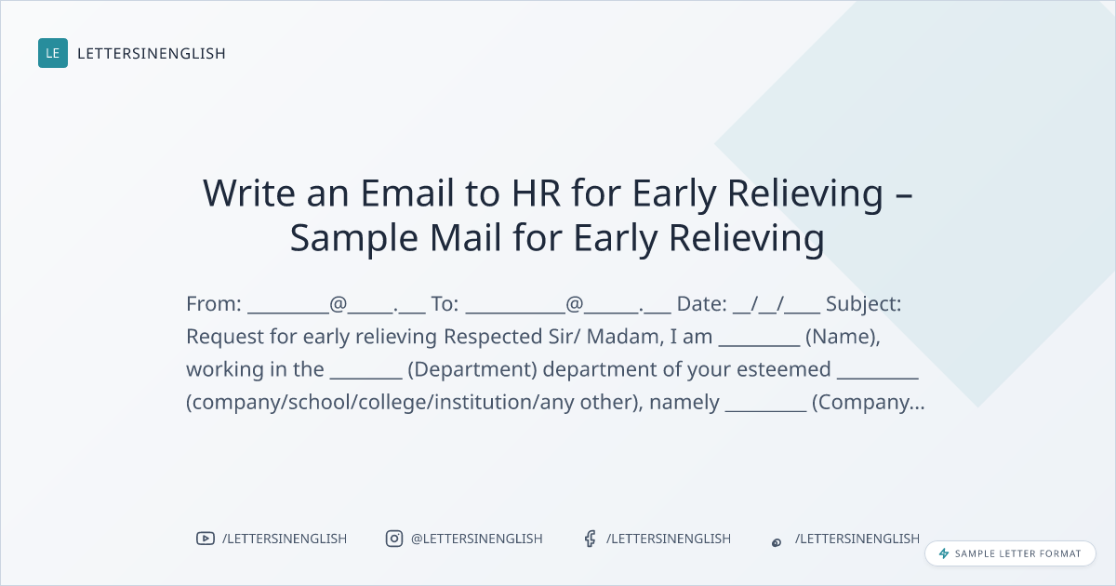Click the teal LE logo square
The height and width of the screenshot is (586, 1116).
(53, 53)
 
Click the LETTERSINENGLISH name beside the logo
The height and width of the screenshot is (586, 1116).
(152, 53)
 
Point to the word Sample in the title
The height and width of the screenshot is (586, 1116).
(354, 238)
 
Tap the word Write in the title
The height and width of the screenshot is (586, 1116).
(249, 193)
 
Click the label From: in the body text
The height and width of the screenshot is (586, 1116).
(214, 303)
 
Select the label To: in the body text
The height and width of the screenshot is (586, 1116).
(445, 303)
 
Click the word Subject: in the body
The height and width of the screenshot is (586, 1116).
(863, 304)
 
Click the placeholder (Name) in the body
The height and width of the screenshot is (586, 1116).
(843, 337)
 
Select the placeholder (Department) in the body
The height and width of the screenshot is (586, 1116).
(472, 370)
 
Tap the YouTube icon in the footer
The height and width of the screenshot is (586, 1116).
(206, 539)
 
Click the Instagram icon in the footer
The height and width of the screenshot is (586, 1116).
(394, 539)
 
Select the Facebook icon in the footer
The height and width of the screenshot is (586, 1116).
(590, 539)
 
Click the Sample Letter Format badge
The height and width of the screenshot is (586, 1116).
(1010, 553)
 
